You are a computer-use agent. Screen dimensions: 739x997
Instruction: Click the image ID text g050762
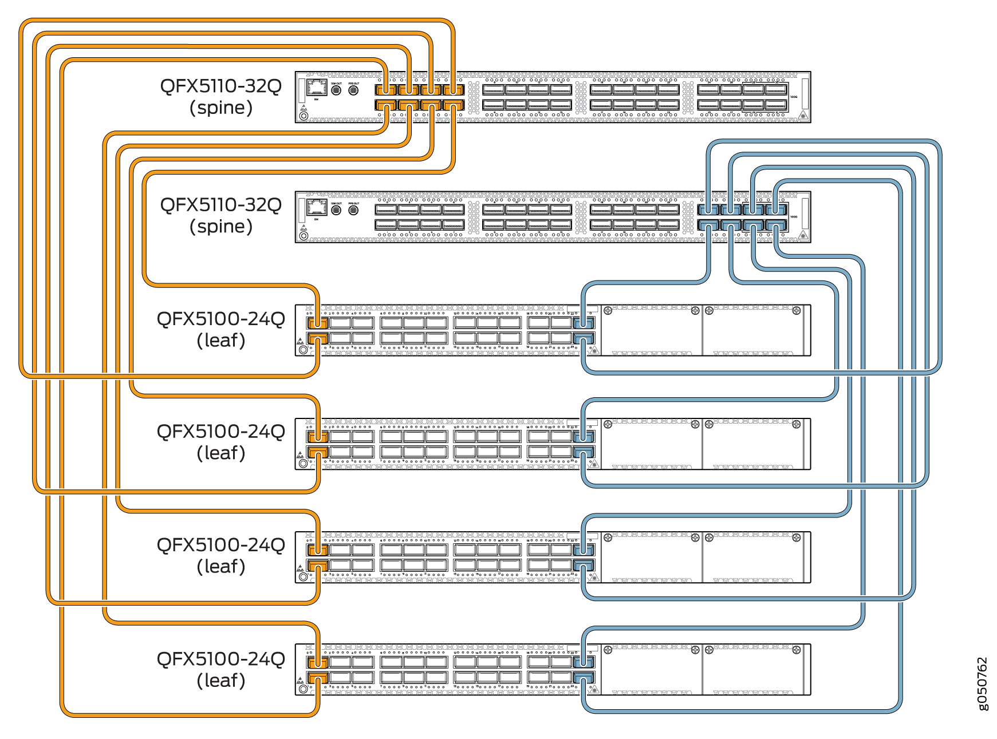tap(982, 683)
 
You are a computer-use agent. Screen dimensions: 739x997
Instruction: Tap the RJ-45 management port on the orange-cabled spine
tap(316, 88)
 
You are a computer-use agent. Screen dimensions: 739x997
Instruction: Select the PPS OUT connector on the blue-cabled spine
tap(353, 210)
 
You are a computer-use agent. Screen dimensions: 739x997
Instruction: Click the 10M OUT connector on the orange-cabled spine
tap(336, 90)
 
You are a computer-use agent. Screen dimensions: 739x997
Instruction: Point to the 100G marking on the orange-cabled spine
tap(793, 97)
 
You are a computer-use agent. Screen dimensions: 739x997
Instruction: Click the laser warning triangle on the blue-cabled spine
tap(803, 235)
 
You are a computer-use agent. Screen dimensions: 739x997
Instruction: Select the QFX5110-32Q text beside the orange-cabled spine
tap(221, 86)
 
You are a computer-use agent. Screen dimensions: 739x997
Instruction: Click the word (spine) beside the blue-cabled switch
tap(221, 227)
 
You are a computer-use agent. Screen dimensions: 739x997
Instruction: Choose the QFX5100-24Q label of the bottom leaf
tap(221, 659)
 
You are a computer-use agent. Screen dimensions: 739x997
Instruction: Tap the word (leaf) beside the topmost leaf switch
tap(221, 341)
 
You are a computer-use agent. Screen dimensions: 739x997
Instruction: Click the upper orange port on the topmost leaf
tap(318, 323)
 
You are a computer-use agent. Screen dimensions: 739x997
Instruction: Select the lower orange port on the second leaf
tap(318, 453)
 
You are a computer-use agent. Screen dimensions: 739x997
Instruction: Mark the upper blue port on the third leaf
tap(584, 550)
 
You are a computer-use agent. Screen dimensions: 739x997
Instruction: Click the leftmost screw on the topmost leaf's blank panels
tap(608, 311)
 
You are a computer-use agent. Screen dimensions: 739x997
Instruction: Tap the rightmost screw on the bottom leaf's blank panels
tap(796, 650)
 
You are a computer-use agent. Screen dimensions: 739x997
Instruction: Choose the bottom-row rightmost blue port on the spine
tap(776, 225)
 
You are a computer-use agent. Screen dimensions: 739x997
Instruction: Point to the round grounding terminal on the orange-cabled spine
tap(304, 116)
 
